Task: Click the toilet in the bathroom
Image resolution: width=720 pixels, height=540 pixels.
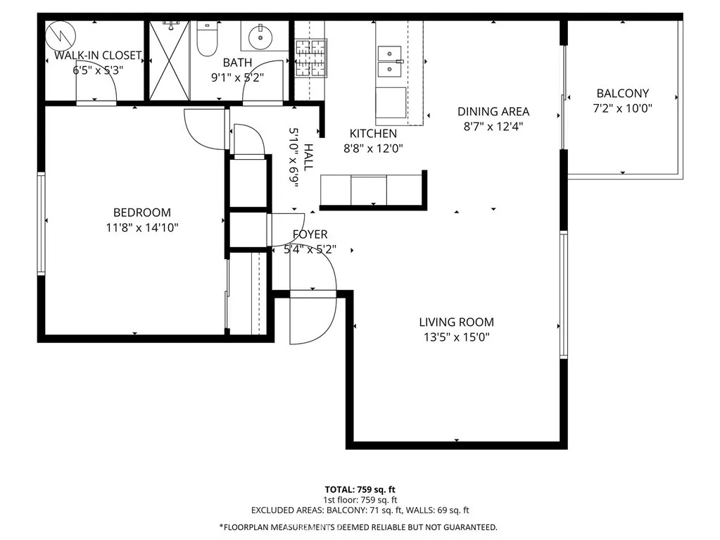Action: pos(207,42)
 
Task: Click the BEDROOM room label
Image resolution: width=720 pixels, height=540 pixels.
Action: pos(142,213)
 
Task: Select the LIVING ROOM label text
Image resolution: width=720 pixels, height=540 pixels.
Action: pos(456,322)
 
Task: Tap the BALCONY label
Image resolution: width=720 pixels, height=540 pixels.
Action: pos(622,94)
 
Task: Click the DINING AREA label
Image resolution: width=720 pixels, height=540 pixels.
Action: pos(493,112)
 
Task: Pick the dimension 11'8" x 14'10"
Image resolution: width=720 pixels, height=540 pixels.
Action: pos(142,227)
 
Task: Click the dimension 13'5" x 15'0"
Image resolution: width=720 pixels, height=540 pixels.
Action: pos(456,337)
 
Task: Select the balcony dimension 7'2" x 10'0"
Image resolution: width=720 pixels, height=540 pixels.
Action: pos(622,108)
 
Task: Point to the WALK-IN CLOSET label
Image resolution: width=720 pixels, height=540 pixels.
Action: pos(98,56)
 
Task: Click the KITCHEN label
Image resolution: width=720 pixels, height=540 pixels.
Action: pos(373,133)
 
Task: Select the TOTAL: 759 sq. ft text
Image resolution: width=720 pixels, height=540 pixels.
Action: pos(360,489)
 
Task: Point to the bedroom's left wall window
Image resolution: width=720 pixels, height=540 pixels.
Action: pos(42,223)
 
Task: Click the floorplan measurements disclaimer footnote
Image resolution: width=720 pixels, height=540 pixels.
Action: pos(360,527)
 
